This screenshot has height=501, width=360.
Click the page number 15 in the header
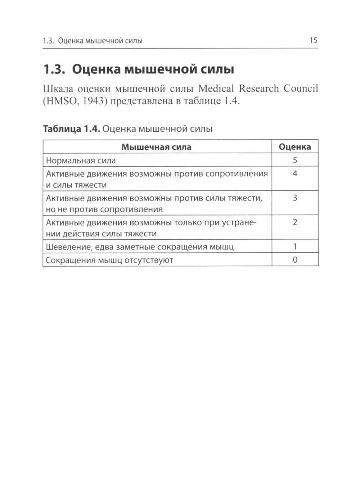pos(313,40)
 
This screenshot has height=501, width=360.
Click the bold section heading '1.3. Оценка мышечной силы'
pos(139,69)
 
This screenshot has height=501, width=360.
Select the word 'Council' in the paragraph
pos(301,89)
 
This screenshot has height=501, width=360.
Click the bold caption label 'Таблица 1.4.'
pos(71,129)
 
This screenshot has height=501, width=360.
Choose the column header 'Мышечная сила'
pos(156,147)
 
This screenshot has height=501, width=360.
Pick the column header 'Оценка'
pos(295,147)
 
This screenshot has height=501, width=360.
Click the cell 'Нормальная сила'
pos(81,161)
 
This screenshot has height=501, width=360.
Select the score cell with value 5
pos(295,161)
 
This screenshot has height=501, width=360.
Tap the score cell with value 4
pos(295,174)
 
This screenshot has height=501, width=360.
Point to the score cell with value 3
pos(295,198)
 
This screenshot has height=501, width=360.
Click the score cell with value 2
pos(295,222)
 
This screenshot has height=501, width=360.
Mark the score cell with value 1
pos(295,247)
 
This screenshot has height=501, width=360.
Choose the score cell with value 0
pos(295,260)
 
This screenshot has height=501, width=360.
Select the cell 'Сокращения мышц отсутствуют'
pos(109,260)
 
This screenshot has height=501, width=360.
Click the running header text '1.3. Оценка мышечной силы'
pos(93,41)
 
